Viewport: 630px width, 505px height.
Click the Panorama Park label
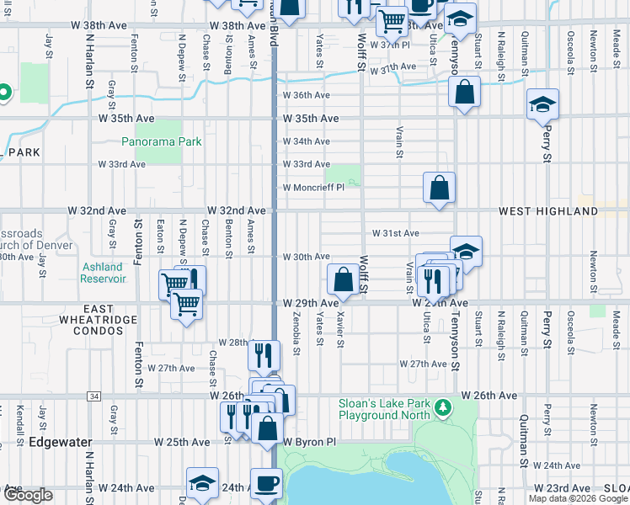point(162,141)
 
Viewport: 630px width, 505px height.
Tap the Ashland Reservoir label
point(102,273)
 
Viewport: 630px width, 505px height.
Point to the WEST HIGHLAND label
point(560,211)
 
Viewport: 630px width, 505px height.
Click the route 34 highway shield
point(93,396)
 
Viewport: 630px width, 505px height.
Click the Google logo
point(27,495)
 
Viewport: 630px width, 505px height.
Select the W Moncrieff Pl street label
point(313,188)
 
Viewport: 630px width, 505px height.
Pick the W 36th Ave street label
point(306,96)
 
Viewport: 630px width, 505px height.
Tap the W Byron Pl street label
point(309,441)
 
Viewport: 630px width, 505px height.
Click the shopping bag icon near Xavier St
point(344,279)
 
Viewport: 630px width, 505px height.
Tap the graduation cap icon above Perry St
point(543,104)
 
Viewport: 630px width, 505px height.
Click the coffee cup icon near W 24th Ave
point(267,483)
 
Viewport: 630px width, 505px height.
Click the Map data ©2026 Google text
point(577,498)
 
